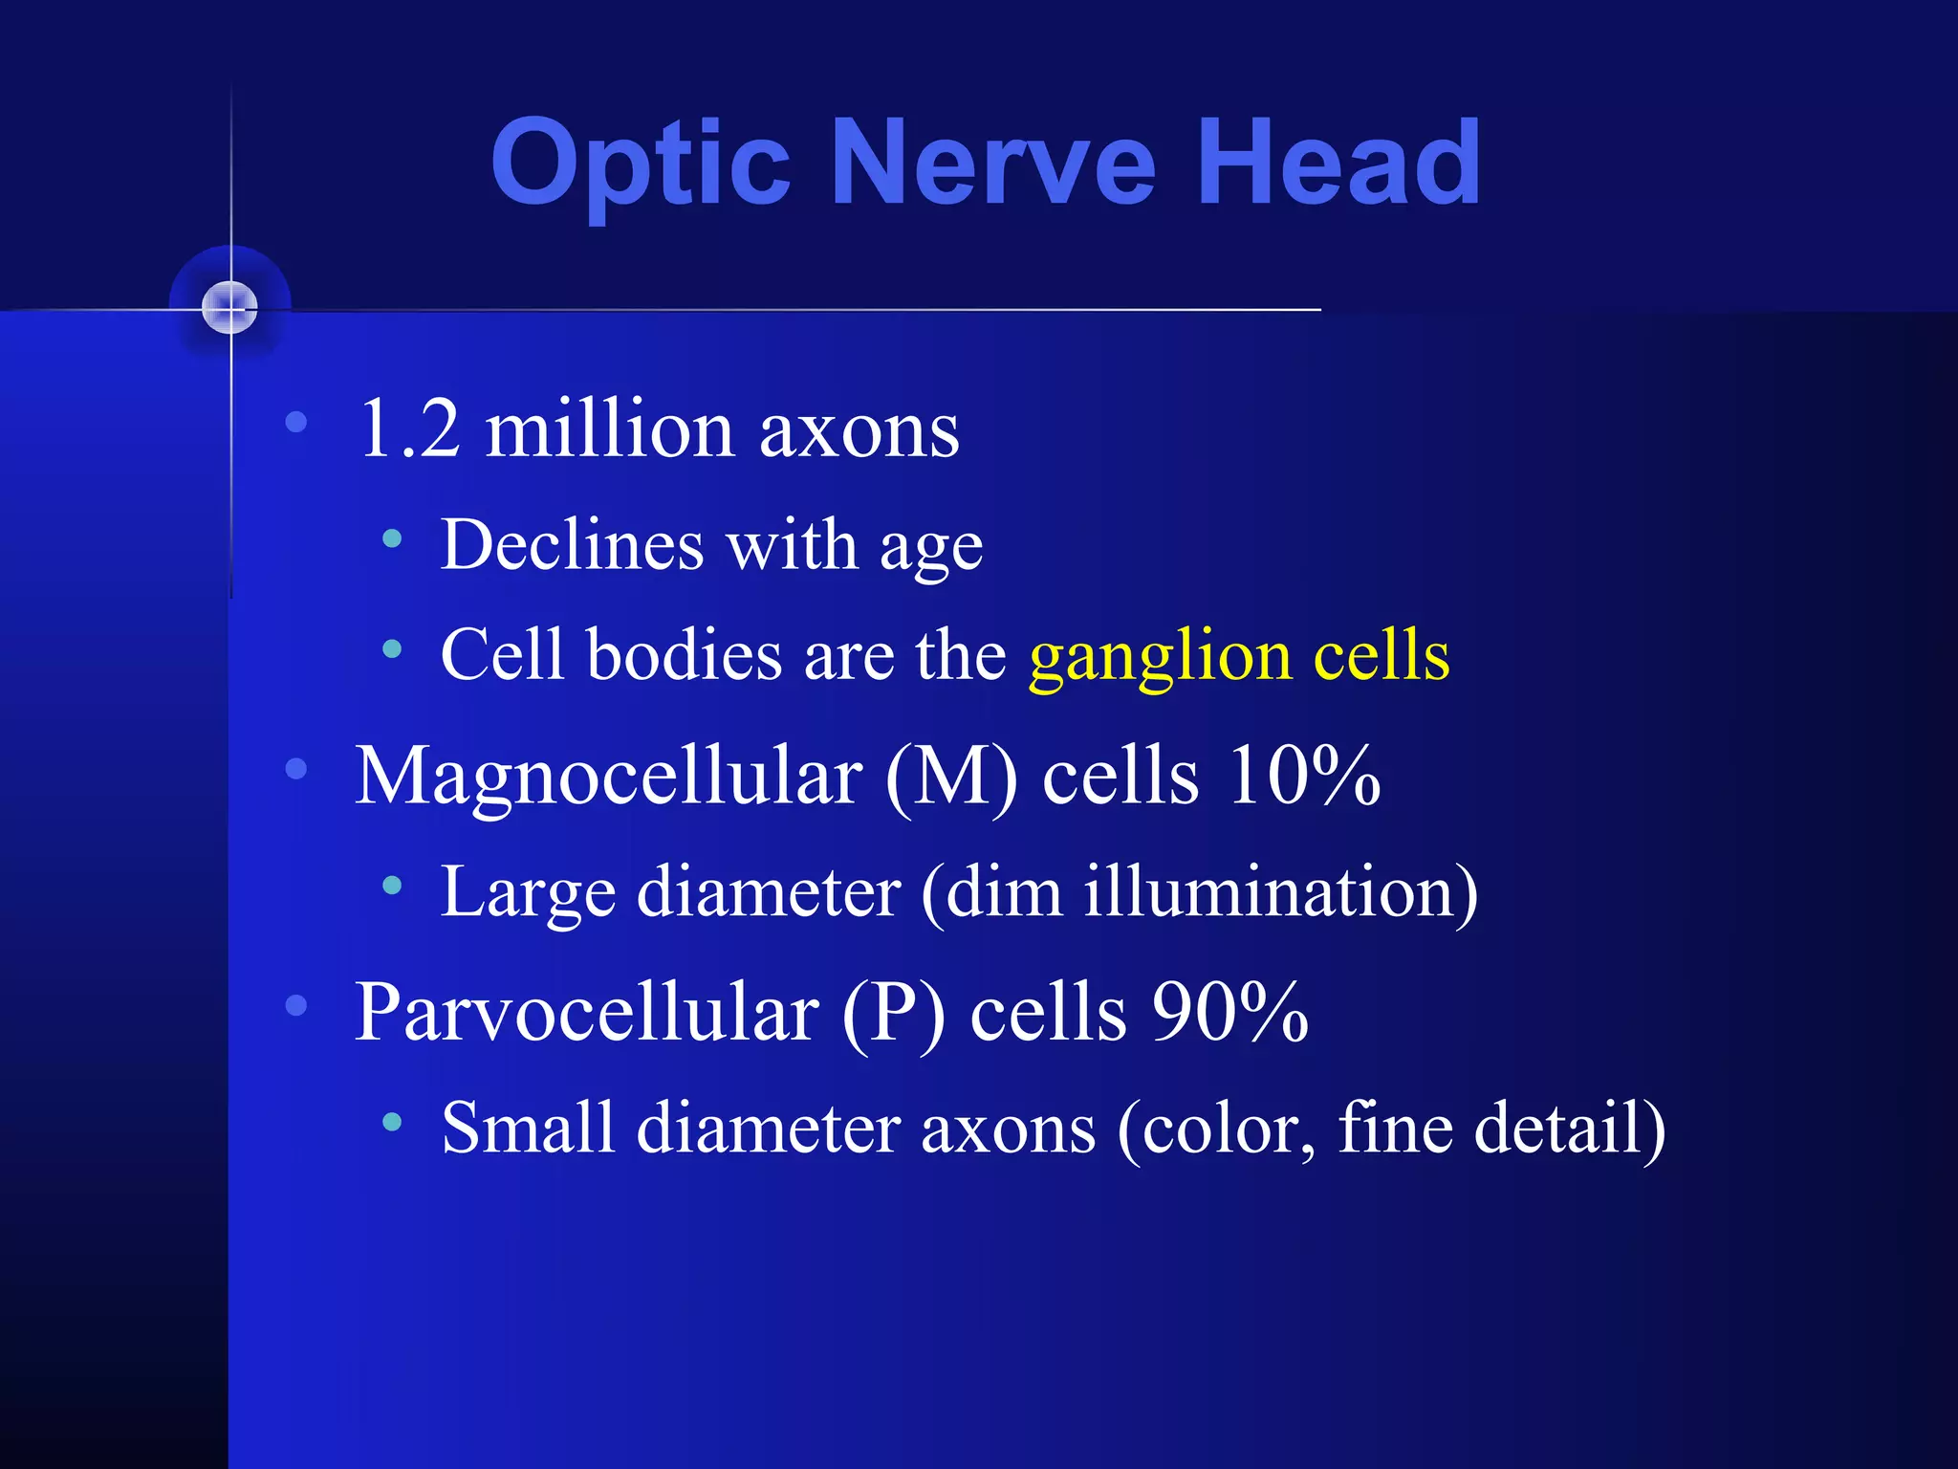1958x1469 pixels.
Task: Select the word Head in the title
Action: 1338,163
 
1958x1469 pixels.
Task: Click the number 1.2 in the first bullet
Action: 409,428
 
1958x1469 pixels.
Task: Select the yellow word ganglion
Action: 1160,658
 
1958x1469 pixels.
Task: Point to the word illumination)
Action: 1281,891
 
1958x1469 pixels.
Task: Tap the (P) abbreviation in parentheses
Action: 894,1014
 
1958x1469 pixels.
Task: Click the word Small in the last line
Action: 528,1129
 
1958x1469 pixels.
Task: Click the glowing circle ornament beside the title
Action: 230,308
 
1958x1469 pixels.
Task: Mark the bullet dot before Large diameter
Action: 391,886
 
